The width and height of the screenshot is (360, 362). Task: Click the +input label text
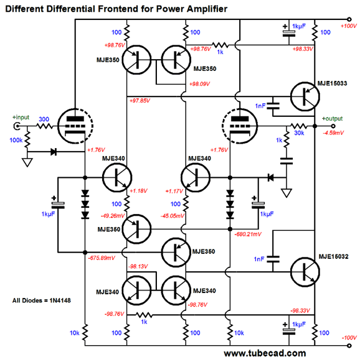pyautogui.click(x=20, y=116)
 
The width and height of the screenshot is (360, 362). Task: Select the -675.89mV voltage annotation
pyautogui.click(x=102, y=257)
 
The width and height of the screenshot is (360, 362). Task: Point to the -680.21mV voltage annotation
pyautogui.click(x=247, y=234)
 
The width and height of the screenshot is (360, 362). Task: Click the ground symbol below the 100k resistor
pyautogui.click(x=27, y=163)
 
